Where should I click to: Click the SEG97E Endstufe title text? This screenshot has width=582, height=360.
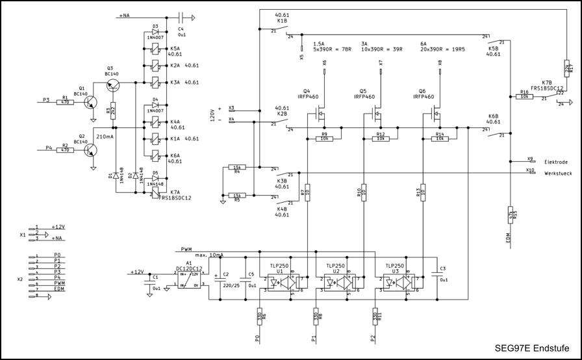tap(528, 348)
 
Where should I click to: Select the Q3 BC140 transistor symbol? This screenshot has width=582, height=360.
tap(112, 83)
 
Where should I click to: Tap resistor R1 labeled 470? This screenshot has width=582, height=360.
tap(65, 100)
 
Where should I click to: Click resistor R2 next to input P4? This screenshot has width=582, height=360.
tap(65, 149)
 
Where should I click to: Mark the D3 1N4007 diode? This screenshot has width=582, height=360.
tap(155, 32)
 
